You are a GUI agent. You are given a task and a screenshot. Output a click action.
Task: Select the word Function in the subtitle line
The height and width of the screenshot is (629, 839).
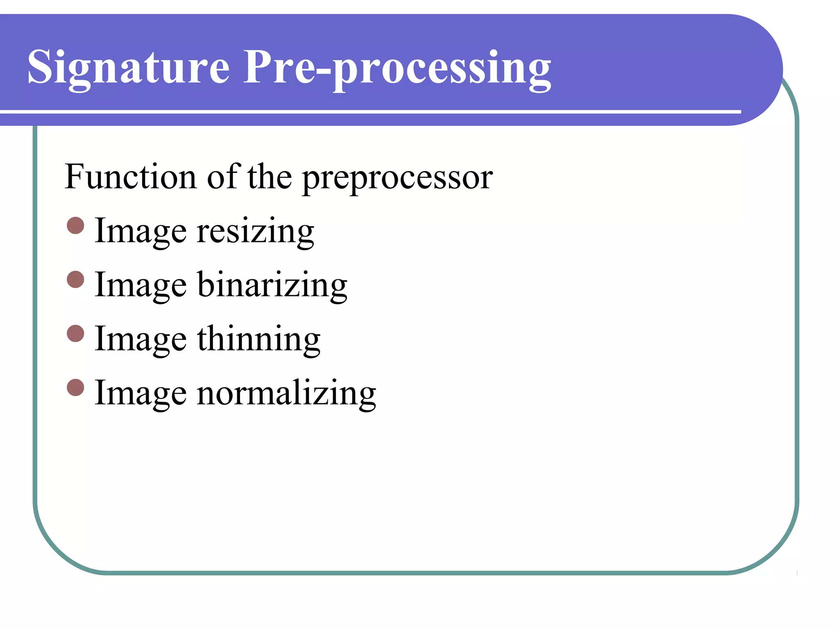[x=130, y=177]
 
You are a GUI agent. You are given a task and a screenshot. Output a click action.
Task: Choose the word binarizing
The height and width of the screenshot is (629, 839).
[x=272, y=285]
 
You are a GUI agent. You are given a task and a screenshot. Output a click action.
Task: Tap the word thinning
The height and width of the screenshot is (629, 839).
[x=259, y=339]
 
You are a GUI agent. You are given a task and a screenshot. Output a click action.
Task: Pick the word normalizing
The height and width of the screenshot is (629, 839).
[x=286, y=393]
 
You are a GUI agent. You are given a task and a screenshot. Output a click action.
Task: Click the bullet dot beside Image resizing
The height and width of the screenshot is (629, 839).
[x=75, y=226]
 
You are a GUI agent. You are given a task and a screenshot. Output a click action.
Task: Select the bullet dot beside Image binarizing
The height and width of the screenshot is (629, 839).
[x=75, y=280]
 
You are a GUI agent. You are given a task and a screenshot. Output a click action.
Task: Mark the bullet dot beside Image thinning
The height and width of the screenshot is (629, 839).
[x=75, y=333]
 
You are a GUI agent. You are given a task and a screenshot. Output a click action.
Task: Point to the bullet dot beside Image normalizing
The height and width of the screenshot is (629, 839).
[x=75, y=387]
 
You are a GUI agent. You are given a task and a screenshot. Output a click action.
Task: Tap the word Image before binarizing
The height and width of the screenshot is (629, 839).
[x=141, y=285]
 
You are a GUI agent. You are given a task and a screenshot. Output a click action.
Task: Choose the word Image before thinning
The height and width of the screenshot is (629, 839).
[x=141, y=339]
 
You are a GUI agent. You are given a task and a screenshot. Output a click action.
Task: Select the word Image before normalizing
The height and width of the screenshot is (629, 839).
[x=141, y=393]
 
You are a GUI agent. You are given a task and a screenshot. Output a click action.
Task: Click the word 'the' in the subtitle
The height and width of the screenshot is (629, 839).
[x=270, y=177]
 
